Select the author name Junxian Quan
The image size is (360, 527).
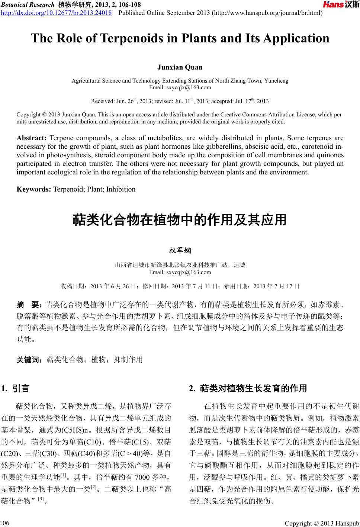[x=180, y=67]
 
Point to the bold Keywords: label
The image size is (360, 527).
[x=34, y=189]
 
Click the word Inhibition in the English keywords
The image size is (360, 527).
[x=121, y=189]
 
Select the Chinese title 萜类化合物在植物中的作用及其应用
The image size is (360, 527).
[x=180, y=220]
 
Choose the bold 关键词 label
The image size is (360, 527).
[x=31, y=360]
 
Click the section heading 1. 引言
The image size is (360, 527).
[x=15, y=389]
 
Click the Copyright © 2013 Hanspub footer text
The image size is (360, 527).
[x=322, y=523]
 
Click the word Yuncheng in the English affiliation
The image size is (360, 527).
[x=276, y=81]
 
